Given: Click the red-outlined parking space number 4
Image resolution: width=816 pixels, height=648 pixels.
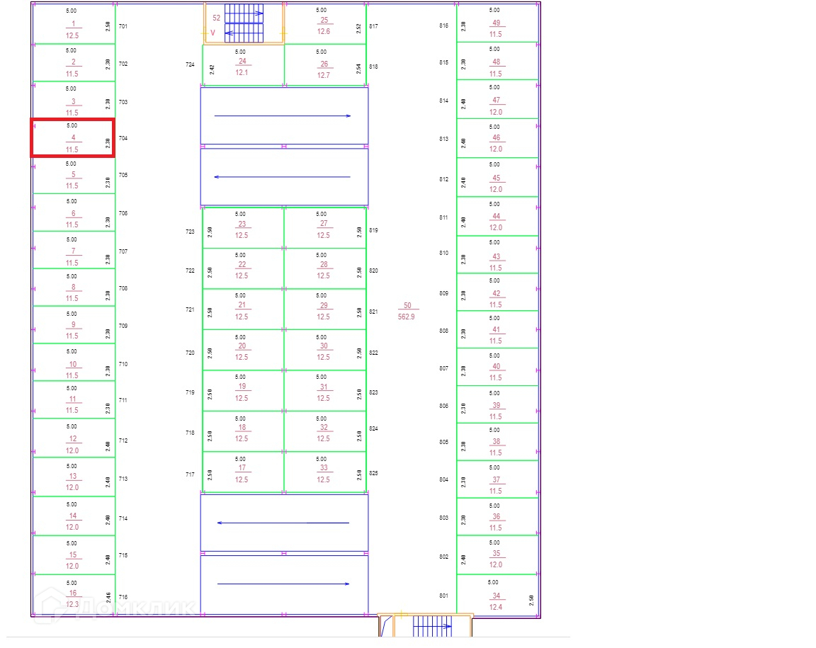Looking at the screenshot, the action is [73, 138].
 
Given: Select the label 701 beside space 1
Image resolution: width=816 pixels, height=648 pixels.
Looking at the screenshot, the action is [123, 26].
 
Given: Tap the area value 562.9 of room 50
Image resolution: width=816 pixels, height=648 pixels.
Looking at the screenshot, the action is [407, 317].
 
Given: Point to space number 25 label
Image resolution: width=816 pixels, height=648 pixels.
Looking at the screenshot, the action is [324, 21].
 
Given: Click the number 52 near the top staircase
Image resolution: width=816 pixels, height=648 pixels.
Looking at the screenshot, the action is [217, 18].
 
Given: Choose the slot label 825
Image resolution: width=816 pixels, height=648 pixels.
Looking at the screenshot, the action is [374, 473].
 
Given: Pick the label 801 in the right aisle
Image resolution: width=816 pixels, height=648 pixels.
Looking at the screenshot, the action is [443, 596].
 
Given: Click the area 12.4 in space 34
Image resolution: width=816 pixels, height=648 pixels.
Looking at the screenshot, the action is [496, 607].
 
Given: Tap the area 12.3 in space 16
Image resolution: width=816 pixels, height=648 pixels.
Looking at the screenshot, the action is [72, 604].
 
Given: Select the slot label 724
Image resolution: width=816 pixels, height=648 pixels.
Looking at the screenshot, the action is [190, 64].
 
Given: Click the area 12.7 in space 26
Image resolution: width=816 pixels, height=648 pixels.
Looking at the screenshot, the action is [324, 75].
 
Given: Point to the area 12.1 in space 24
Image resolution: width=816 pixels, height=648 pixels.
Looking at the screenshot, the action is [242, 72].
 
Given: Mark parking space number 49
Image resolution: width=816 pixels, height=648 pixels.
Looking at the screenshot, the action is [496, 23].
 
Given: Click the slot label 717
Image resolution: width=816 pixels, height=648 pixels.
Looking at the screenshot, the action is [190, 474].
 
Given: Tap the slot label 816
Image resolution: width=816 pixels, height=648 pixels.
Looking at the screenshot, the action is [444, 25].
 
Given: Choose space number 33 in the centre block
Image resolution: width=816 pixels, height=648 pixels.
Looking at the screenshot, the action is [324, 468].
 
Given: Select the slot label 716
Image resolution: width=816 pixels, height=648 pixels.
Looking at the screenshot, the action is [123, 597].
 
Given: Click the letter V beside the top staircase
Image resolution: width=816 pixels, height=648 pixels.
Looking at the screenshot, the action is [212, 33].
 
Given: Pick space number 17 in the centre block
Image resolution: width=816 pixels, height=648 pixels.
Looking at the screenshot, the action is [242, 468].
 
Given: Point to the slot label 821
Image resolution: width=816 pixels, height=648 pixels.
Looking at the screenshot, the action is [374, 312].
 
